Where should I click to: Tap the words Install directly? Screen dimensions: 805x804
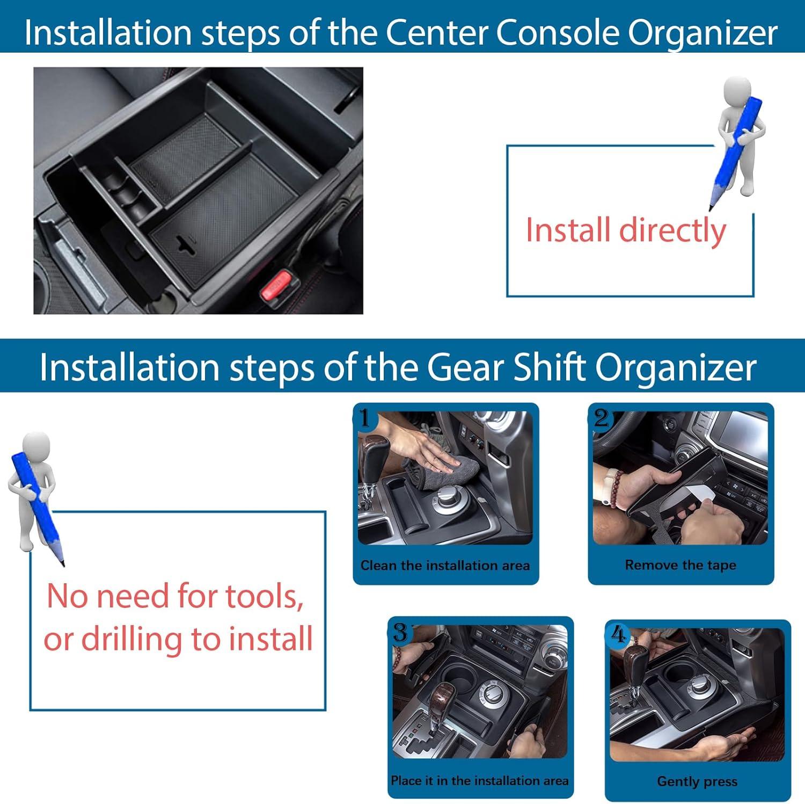click(626, 230)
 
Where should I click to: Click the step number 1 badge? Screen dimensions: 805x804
click(365, 417)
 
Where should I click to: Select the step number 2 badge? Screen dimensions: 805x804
click(601, 417)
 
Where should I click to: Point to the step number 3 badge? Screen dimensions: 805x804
click(401, 632)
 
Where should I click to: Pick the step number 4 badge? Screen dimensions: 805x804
click(618, 635)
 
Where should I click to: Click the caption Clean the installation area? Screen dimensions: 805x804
click(445, 566)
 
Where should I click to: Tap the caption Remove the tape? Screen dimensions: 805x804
click(680, 565)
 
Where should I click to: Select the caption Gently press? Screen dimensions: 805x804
click(697, 782)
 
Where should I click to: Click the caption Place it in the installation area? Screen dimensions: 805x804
click(479, 780)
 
